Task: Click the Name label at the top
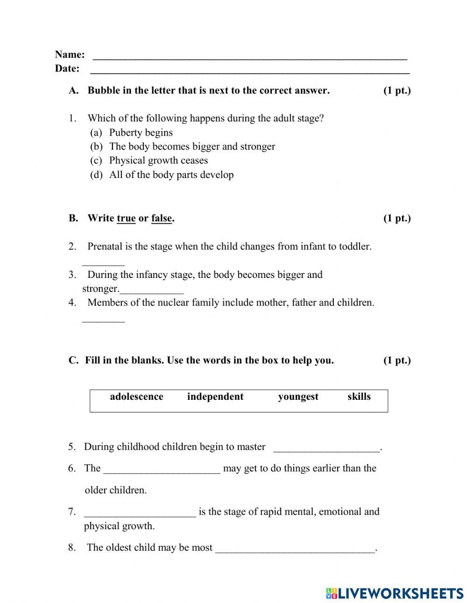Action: (70, 55)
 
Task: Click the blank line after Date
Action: (249, 70)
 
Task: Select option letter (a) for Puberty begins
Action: (96, 133)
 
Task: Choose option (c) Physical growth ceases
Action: (96, 161)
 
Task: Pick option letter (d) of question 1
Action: (96, 175)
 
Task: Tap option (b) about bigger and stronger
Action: (96, 147)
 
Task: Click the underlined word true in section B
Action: (126, 219)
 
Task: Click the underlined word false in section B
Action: (162, 219)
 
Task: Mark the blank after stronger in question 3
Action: (151, 290)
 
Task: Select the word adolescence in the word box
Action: (136, 397)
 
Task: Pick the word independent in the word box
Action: (215, 397)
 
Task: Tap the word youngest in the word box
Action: (298, 397)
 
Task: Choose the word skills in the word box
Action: (359, 397)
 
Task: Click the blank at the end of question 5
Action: (326, 448)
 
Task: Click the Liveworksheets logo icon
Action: (332, 593)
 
